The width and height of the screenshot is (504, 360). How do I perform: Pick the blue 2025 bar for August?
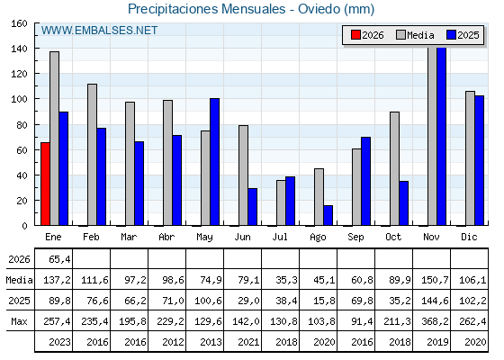pos(328,215)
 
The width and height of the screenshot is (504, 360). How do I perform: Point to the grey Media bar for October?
pos(394,168)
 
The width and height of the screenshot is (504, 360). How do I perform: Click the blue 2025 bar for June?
pos(252,207)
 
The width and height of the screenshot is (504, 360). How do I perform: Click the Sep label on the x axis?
pos(355,236)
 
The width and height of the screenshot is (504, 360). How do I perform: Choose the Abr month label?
pos(166,236)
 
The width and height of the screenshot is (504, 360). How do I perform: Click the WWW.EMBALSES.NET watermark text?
pos(99,31)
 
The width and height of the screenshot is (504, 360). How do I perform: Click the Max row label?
pos(19,321)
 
